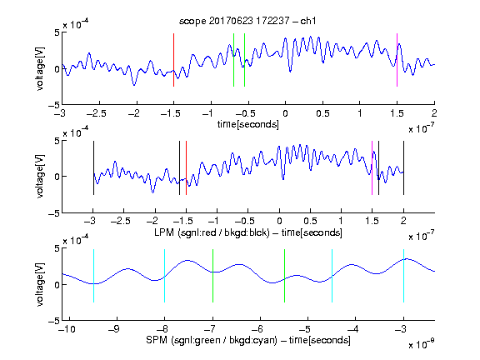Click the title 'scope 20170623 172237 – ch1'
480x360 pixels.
click(x=247, y=21)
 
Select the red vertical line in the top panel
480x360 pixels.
click(x=173, y=60)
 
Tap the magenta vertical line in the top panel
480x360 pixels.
click(x=397, y=60)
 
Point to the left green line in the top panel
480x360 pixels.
click(x=233, y=60)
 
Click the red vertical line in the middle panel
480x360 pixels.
click(x=186, y=167)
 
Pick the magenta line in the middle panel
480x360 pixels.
click(x=372, y=167)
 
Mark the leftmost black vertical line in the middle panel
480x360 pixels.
click(x=93, y=167)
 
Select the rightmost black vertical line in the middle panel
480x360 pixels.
click(x=403, y=167)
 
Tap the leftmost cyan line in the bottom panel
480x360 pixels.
click(x=93, y=276)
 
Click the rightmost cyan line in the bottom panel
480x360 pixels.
click(x=403, y=276)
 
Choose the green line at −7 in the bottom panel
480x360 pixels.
click(x=212, y=276)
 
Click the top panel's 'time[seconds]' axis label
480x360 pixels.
click(x=248, y=124)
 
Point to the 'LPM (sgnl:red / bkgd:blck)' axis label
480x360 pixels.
click(x=212, y=232)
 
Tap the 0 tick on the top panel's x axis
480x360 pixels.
click(x=285, y=113)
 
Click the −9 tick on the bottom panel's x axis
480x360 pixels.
click(x=114, y=329)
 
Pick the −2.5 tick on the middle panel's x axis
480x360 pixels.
click(x=121, y=221)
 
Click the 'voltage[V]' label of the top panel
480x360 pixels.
click(x=40, y=68)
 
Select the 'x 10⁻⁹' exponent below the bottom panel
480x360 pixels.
click(x=421, y=344)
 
